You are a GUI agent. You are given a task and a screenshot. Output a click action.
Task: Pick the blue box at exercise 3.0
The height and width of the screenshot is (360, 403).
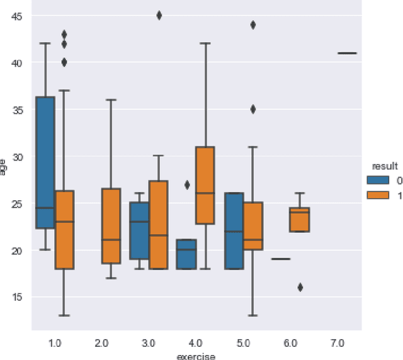tap(139, 230)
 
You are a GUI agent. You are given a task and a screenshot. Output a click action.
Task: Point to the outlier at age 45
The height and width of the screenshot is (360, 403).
tap(159, 16)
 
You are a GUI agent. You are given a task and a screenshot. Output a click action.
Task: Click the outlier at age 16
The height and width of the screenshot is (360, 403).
tap(300, 287)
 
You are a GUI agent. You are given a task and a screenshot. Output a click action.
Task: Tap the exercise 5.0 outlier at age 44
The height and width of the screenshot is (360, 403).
tap(253, 25)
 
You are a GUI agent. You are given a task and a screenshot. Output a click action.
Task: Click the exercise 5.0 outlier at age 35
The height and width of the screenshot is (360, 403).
tap(253, 109)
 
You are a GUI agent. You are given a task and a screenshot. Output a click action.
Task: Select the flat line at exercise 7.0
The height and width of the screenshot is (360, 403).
tap(347, 53)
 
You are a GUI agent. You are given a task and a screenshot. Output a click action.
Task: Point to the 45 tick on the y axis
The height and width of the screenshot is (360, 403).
tap(18, 16)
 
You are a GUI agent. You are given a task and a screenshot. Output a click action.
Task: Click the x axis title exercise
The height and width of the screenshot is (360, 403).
tap(196, 356)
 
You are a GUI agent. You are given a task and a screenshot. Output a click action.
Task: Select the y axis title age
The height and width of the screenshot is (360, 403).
tap(4, 166)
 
